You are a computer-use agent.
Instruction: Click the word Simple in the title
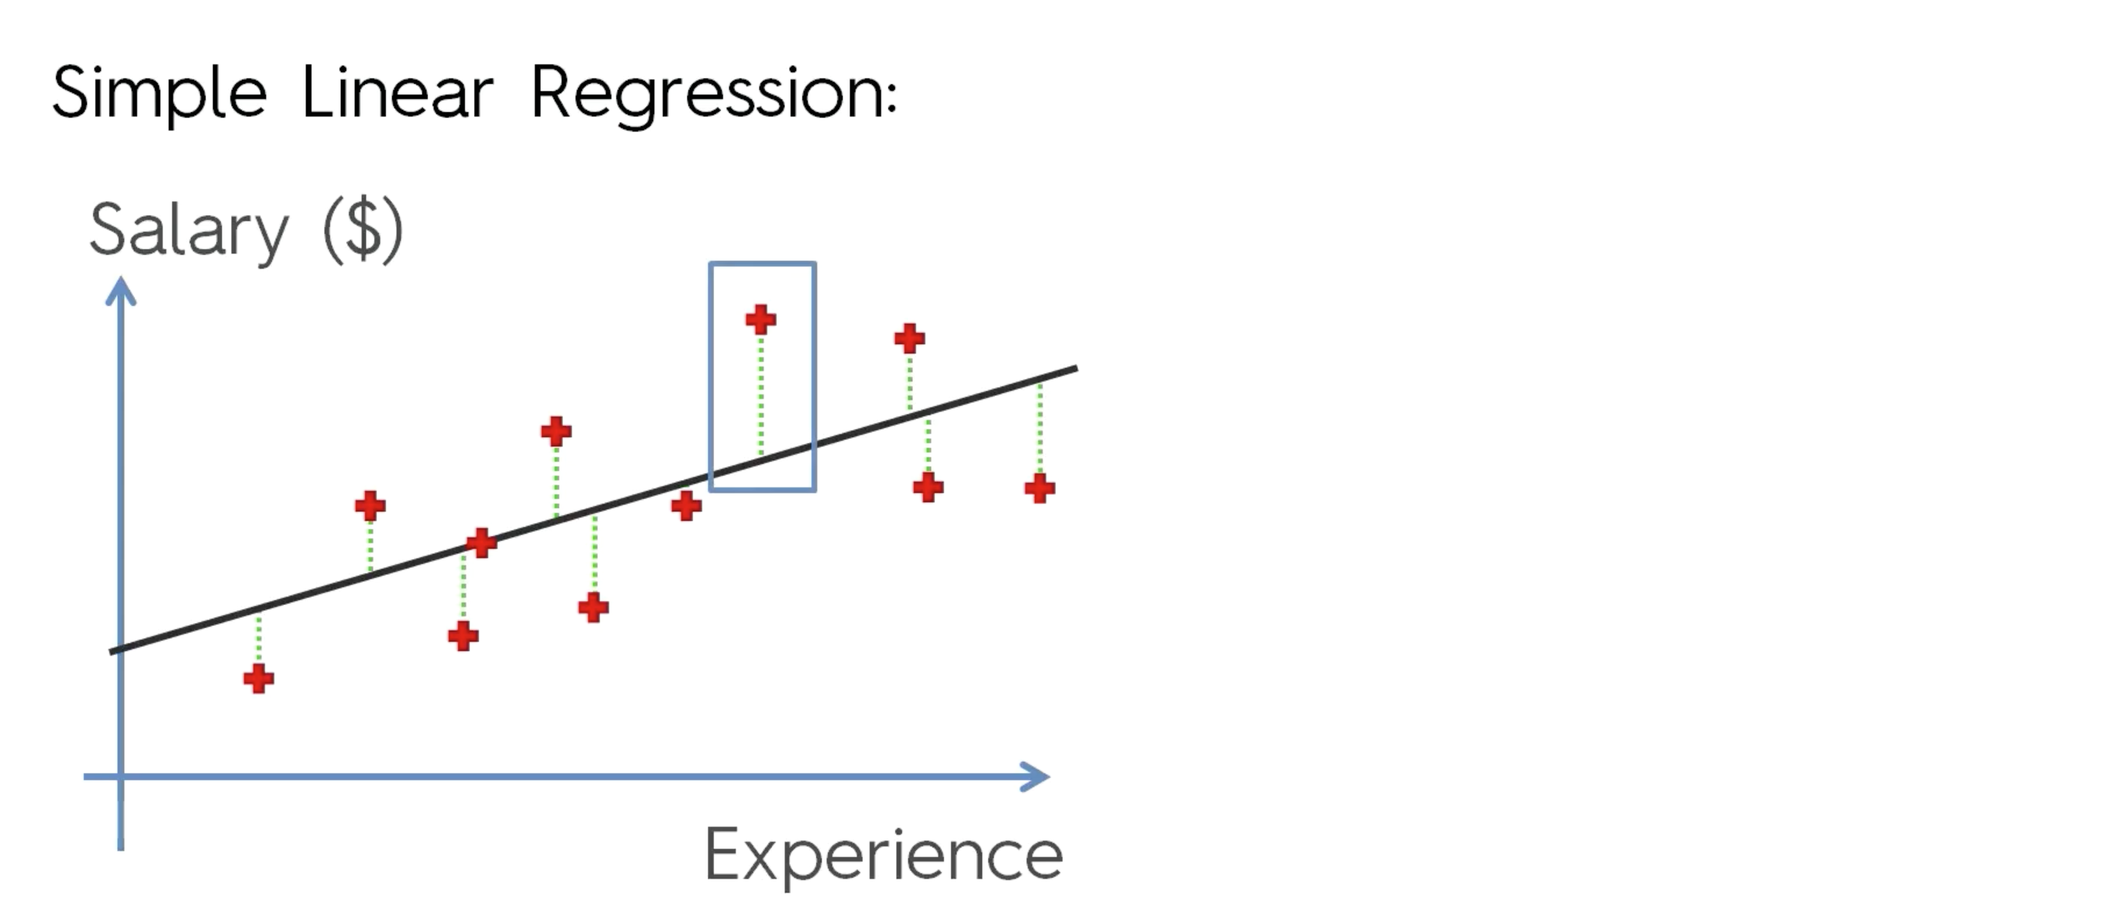(160, 94)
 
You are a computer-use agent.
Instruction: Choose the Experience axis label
(884, 855)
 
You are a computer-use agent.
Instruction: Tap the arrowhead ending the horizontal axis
(1038, 776)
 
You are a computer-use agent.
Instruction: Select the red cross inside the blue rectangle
(761, 319)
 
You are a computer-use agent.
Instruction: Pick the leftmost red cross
(258, 679)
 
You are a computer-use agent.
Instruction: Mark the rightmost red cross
(1039, 489)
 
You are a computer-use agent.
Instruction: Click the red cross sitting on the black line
(481, 542)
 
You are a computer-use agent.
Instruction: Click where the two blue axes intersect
(121, 776)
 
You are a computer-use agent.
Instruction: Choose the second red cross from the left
(370, 506)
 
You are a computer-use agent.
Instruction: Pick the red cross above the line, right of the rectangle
(909, 338)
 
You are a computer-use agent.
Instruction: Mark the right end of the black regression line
(1076, 369)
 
